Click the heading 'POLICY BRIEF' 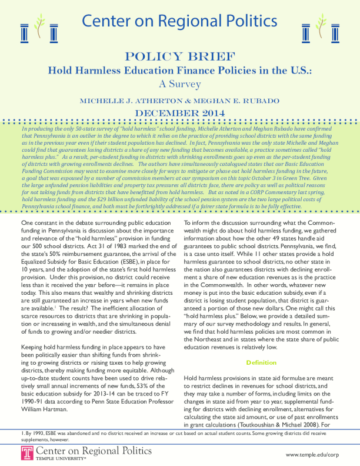(x=180, y=57)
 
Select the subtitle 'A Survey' (x=180, y=83)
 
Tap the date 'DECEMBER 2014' (x=180, y=113)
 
